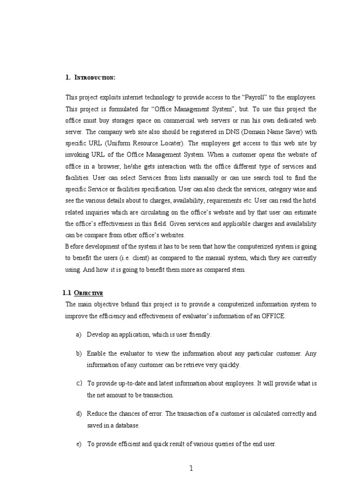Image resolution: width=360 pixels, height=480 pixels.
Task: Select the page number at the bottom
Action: pyautogui.click(x=191, y=468)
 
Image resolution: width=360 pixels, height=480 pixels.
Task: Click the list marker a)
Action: pyautogui.click(x=78, y=335)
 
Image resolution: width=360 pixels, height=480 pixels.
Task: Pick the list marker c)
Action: pyautogui.click(x=78, y=383)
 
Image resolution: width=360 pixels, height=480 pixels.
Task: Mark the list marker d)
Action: pyautogui.click(x=78, y=413)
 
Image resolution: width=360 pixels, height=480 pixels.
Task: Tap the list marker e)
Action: pyautogui.click(x=78, y=444)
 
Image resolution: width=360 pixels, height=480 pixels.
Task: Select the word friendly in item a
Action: pyautogui.click(x=199, y=335)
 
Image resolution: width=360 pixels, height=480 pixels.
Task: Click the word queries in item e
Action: pyautogui.click(x=223, y=444)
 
